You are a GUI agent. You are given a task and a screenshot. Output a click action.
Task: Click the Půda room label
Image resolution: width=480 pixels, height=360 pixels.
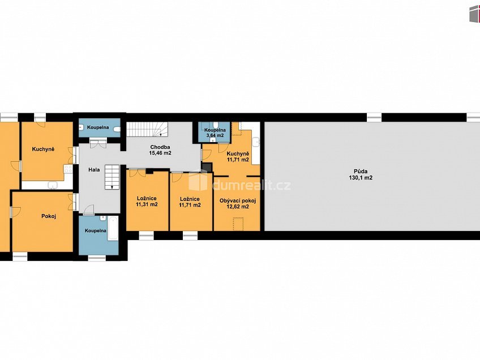pyautogui.click(x=361, y=172)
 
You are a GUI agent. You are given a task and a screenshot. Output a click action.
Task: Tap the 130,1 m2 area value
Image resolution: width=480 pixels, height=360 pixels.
pyautogui.click(x=361, y=178)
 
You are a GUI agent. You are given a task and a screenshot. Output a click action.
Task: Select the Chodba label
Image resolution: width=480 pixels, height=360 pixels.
pyautogui.click(x=160, y=147)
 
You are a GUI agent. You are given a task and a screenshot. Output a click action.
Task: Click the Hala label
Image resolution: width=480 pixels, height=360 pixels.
pyautogui.click(x=94, y=170)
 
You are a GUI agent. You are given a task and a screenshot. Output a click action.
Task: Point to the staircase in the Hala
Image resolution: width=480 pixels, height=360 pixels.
pyautogui.click(x=112, y=177)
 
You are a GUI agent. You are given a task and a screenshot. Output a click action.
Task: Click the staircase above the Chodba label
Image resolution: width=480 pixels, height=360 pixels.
pyautogui.click(x=147, y=129)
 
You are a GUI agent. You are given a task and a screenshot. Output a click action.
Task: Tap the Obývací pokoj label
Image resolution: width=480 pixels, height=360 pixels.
pyautogui.click(x=238, y=201)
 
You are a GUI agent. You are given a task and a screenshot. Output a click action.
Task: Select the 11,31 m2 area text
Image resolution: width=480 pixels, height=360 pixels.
pyautogui.click(x=147, y=204)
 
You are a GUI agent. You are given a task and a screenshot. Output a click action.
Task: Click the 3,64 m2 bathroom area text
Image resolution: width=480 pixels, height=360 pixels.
pyautogui.click(x=215, y=135)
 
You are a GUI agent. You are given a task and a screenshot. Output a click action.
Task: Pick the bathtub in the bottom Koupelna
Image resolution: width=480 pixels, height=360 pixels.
pyautogui.click(x=113, y=228)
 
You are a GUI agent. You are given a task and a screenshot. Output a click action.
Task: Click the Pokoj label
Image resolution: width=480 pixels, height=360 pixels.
pyautogui.click(x=49, y=216)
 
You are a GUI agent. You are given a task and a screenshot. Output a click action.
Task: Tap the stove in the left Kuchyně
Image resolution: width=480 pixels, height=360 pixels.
pyautogui.click(x=68, y=169)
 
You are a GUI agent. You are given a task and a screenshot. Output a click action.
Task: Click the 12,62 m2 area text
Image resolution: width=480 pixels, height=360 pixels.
pyautogui.click(x=238, y=207)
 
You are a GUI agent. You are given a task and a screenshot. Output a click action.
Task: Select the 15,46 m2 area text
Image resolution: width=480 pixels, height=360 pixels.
pyautogui.click(x=160, y=153)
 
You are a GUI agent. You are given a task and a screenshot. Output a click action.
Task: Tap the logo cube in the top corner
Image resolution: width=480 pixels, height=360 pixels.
pyautogui.click(x=474, y=14)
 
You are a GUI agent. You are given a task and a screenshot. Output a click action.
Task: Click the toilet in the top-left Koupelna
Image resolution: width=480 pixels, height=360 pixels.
pyautogui.click(x=117, y=130)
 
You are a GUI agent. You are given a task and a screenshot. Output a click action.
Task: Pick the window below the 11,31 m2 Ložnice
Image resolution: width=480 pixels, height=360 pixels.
pyautogui.click(x=147, y=235)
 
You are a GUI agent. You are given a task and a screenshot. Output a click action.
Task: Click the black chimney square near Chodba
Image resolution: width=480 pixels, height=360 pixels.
pyautogui.click(x=207, y=167)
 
